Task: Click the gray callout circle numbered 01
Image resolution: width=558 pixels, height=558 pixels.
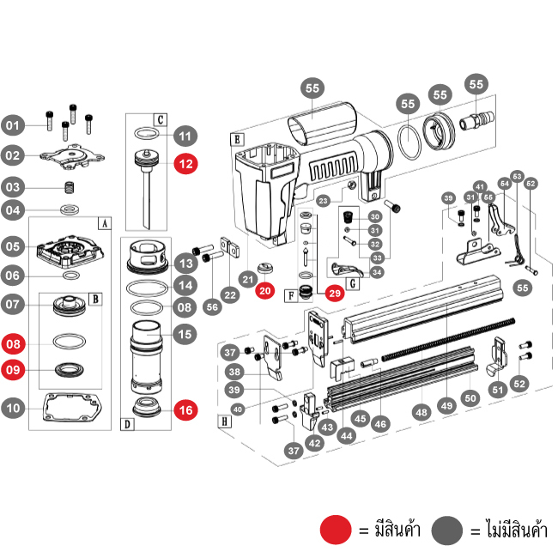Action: [12, 126]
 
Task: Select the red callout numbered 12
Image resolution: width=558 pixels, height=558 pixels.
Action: [185, 163]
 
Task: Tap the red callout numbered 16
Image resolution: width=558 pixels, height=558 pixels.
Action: [185, 409]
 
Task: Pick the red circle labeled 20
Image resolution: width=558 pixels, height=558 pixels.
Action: [265, 291]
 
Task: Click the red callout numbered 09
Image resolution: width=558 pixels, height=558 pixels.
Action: [13, 371]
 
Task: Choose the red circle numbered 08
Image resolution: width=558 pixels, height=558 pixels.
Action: [13, 344]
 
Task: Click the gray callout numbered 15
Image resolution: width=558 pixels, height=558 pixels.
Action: [185, 333]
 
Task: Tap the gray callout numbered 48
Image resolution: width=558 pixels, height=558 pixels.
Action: [421, 412]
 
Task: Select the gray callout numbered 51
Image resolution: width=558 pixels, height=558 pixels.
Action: [498, 390]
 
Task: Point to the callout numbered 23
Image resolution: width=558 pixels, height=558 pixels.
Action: [324, 200]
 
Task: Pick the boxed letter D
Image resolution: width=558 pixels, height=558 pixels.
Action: [126, 424]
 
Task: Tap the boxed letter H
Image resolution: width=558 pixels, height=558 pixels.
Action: [224, 422]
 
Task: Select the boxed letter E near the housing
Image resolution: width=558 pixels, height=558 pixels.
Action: [236, 137]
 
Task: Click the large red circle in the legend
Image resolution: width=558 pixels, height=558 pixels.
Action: [336, 530]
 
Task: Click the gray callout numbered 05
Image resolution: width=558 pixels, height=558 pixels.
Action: [13, 246]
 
